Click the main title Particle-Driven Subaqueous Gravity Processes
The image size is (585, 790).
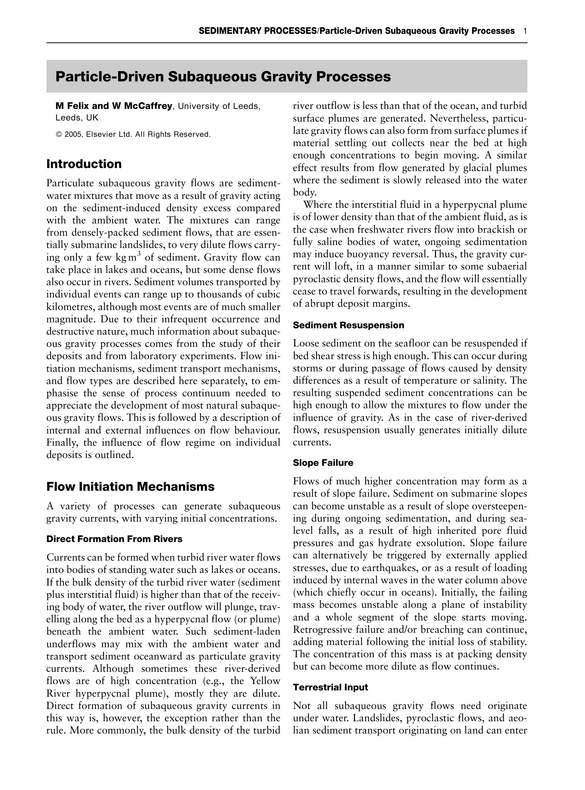tap(223, 77)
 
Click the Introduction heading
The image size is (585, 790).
tap(84, 164)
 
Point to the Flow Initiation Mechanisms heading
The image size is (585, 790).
tap(130, 487)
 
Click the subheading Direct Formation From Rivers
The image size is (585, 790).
tap(114, 539)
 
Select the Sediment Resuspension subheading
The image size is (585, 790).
tap(348, 325)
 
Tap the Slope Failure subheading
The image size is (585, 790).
tap(323, 463)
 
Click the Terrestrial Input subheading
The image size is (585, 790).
tap(330, 687)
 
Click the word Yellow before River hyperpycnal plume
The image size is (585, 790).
tap(265, 681)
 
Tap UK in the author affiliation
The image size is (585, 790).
tap(92, 118)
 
